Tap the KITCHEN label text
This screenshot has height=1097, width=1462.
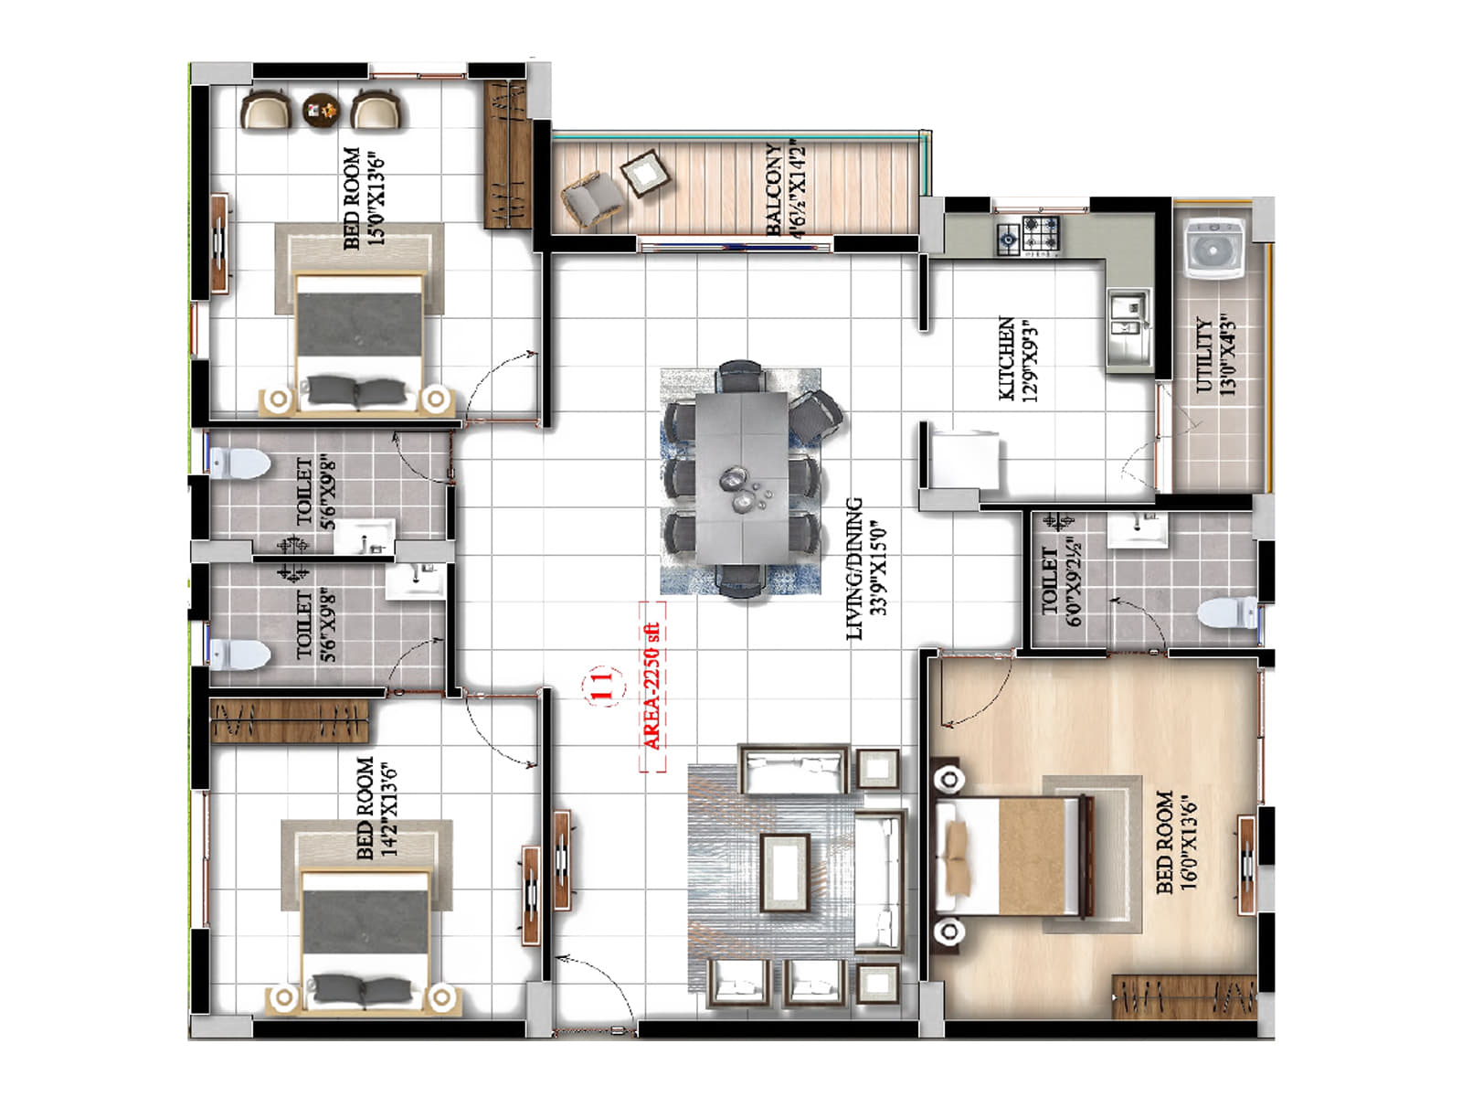point(1016,358)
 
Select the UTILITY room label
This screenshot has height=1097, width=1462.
point(1216,355)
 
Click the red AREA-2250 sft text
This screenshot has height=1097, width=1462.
point(652,686)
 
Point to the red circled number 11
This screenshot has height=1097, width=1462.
point(600,685)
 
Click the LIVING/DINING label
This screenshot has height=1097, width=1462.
point(865,569)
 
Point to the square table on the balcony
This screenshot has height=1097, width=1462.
point(645,173)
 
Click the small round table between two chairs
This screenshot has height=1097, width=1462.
point(321,110)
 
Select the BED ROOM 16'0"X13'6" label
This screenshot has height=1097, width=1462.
point(1176,841)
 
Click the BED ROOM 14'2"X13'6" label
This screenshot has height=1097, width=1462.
point(376,808)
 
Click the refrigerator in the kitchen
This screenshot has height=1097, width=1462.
point(964,460)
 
